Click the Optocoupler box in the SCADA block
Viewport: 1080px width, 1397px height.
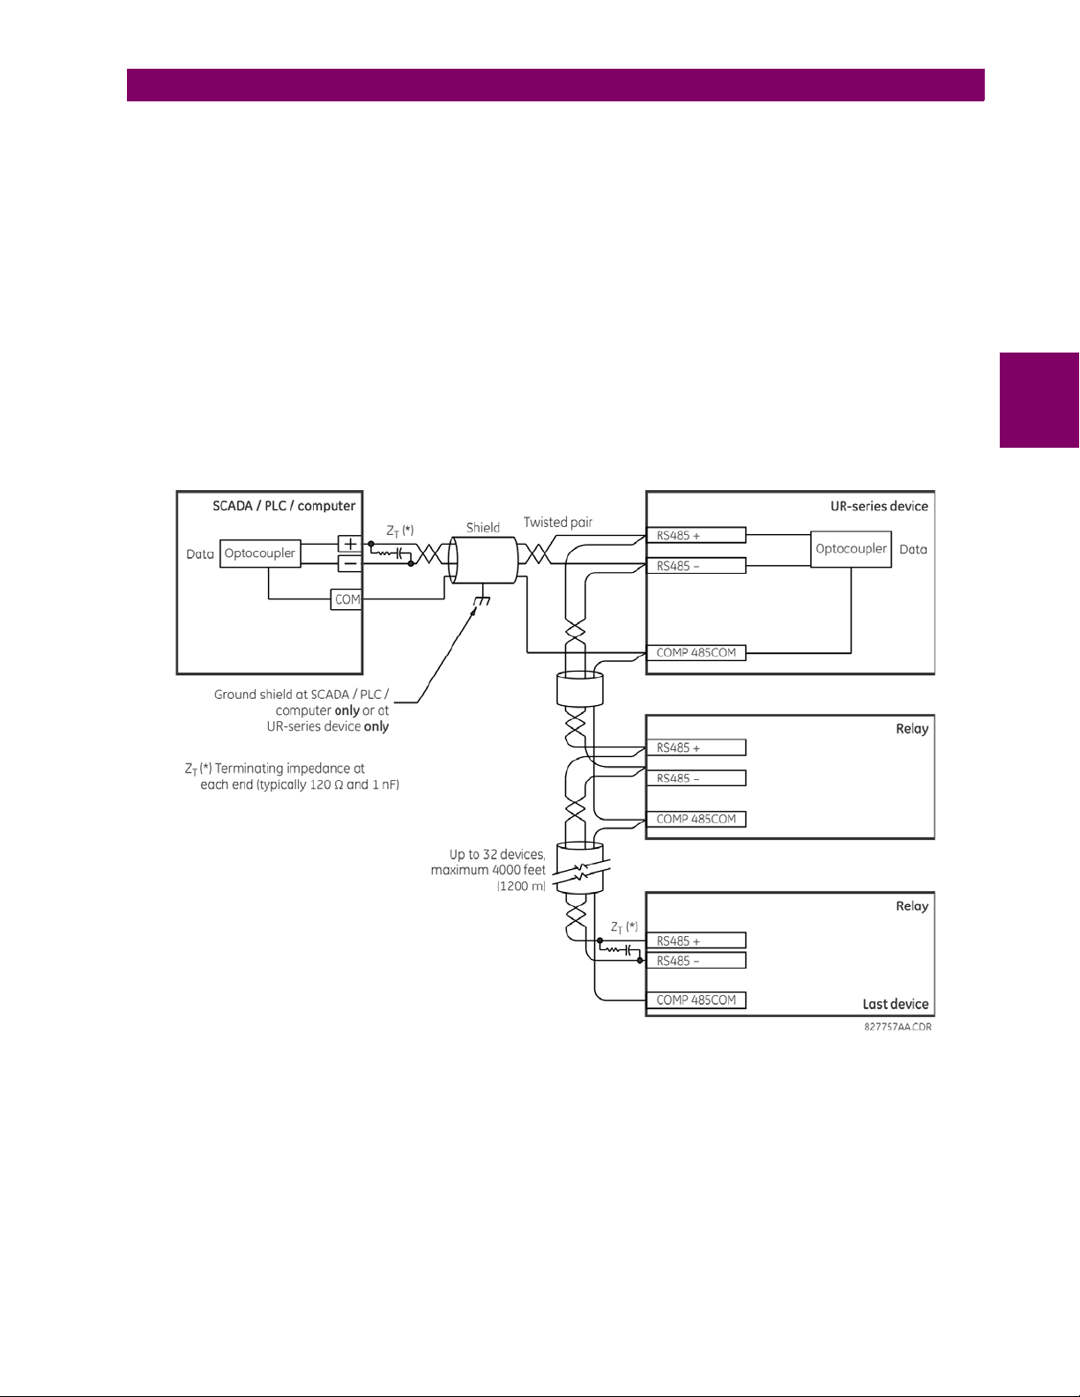click(x=259, y=554)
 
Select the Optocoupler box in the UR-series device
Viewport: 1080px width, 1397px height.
click(x=851, y=549)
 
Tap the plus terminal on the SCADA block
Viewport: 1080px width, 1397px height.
click(x=350, y=544)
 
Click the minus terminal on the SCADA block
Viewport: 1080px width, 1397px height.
click(x=350, y=563)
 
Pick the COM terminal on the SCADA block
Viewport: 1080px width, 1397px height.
click(x=346, y=599)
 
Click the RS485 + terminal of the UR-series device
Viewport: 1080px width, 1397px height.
click(x=696, y=535)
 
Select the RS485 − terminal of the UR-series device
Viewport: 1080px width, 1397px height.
click(x=696, y=566)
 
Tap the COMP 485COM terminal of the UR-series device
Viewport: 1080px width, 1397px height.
click(x=696, y=653)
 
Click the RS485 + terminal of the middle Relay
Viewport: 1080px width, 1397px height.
click(x=696, y=747)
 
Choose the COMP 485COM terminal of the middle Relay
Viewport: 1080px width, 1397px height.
click(x=696, y=819)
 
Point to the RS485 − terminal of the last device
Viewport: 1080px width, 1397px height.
click(x=696, y=961)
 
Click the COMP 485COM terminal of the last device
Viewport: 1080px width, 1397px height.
click(x=696, y=1000)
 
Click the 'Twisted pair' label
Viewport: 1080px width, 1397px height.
click(x=558, y=522)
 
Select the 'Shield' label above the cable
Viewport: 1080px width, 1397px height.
click(x=483, y=527)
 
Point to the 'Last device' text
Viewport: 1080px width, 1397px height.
click(x=895, y=1004)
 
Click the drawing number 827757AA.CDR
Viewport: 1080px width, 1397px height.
click(x=898, y=1027)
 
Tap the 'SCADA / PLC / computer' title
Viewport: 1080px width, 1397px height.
click(x=284, y=506)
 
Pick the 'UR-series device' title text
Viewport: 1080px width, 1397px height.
click(x=879, y=506)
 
